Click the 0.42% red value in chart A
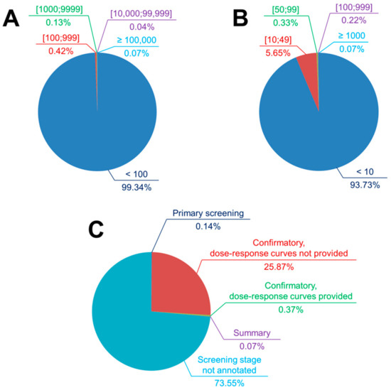[x=36, y=50]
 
